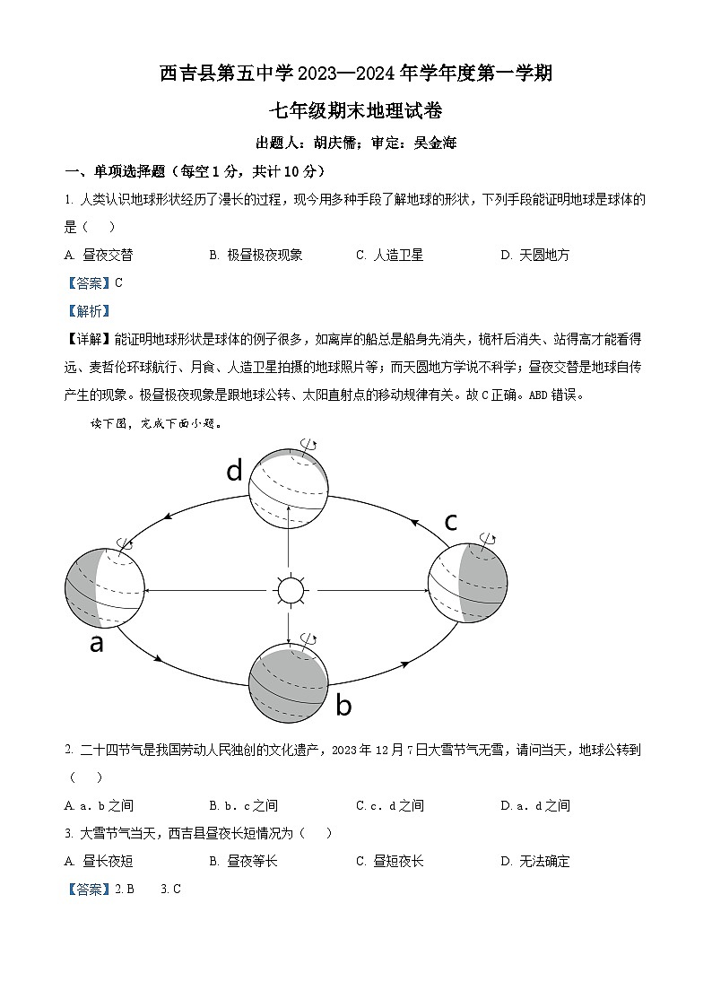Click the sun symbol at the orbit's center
(290, 591)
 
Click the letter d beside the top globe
(234, 470)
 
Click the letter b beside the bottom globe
(343, 706)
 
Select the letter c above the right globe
(451, 521)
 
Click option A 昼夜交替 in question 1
(100, 255)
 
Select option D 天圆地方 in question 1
(534, 255)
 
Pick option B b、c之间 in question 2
(243, 805)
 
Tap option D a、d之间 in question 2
(534, 805)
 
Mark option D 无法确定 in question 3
(534, 861)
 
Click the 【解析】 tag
(89, 311)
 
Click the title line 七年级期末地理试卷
(356, 111)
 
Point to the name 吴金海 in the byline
(436, 143)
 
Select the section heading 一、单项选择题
(117, 171)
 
